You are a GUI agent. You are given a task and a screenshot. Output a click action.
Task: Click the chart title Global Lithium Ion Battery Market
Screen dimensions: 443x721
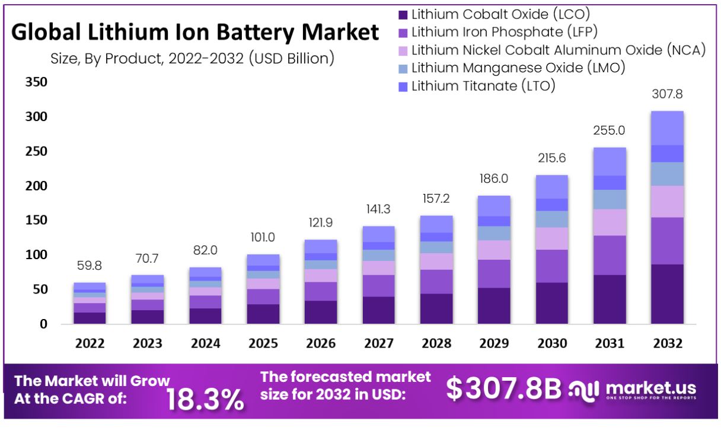tap(195, 32)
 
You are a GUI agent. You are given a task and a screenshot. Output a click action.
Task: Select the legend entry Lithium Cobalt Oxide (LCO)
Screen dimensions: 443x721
tap(500, 14)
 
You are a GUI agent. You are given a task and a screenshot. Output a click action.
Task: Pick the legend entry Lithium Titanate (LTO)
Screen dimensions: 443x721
tap(483, 86)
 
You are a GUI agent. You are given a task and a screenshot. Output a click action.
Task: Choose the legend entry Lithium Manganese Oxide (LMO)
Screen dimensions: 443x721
tap(518, 68)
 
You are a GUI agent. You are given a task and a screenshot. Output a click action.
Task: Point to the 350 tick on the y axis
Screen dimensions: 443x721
tap(36, 82)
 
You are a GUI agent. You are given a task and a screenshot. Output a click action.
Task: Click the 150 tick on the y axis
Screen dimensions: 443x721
tap(36, 221)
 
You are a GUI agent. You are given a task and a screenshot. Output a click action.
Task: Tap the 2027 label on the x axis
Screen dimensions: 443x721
tap(378, 343)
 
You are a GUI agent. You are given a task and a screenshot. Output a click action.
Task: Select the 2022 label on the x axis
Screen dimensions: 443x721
tap(90, 343)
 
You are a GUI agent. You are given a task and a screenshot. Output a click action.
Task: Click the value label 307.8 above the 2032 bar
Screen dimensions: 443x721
tap(667, 94)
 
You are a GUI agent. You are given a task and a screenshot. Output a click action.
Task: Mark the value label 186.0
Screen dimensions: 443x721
tap(494, 179)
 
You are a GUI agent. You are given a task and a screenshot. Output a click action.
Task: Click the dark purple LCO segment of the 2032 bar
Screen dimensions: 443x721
tap(667, 294)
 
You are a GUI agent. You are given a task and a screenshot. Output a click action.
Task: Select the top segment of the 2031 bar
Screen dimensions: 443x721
tap(610, 161)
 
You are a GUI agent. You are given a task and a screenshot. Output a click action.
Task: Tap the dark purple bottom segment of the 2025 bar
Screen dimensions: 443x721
tap(263, 314)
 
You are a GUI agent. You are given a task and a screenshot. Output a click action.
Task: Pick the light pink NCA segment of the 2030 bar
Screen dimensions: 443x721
tap(551, 238)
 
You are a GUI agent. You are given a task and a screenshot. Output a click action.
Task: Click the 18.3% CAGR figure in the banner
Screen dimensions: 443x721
tap(205, 399)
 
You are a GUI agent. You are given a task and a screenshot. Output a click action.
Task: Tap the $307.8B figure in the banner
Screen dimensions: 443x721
tap(503, 389)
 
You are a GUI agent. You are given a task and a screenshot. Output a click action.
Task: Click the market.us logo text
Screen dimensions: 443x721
tap(651, 388)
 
